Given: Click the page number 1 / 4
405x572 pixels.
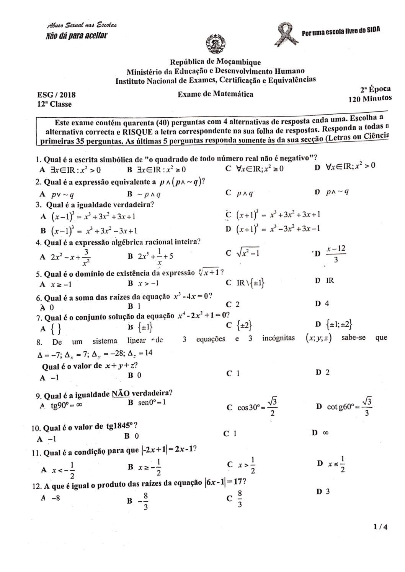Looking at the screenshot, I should (381, 527).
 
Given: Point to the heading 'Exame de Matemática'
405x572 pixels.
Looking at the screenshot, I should (216, 94).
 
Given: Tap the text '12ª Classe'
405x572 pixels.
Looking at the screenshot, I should (54, 104).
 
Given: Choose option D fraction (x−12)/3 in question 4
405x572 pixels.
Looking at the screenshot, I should (336, 253).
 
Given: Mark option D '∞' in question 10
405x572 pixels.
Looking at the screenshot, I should (326, 433).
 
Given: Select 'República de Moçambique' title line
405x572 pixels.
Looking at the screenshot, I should (216, 62).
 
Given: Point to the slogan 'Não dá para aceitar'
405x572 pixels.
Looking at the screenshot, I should (76, 36).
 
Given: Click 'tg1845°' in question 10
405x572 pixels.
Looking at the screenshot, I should (121, 426).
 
